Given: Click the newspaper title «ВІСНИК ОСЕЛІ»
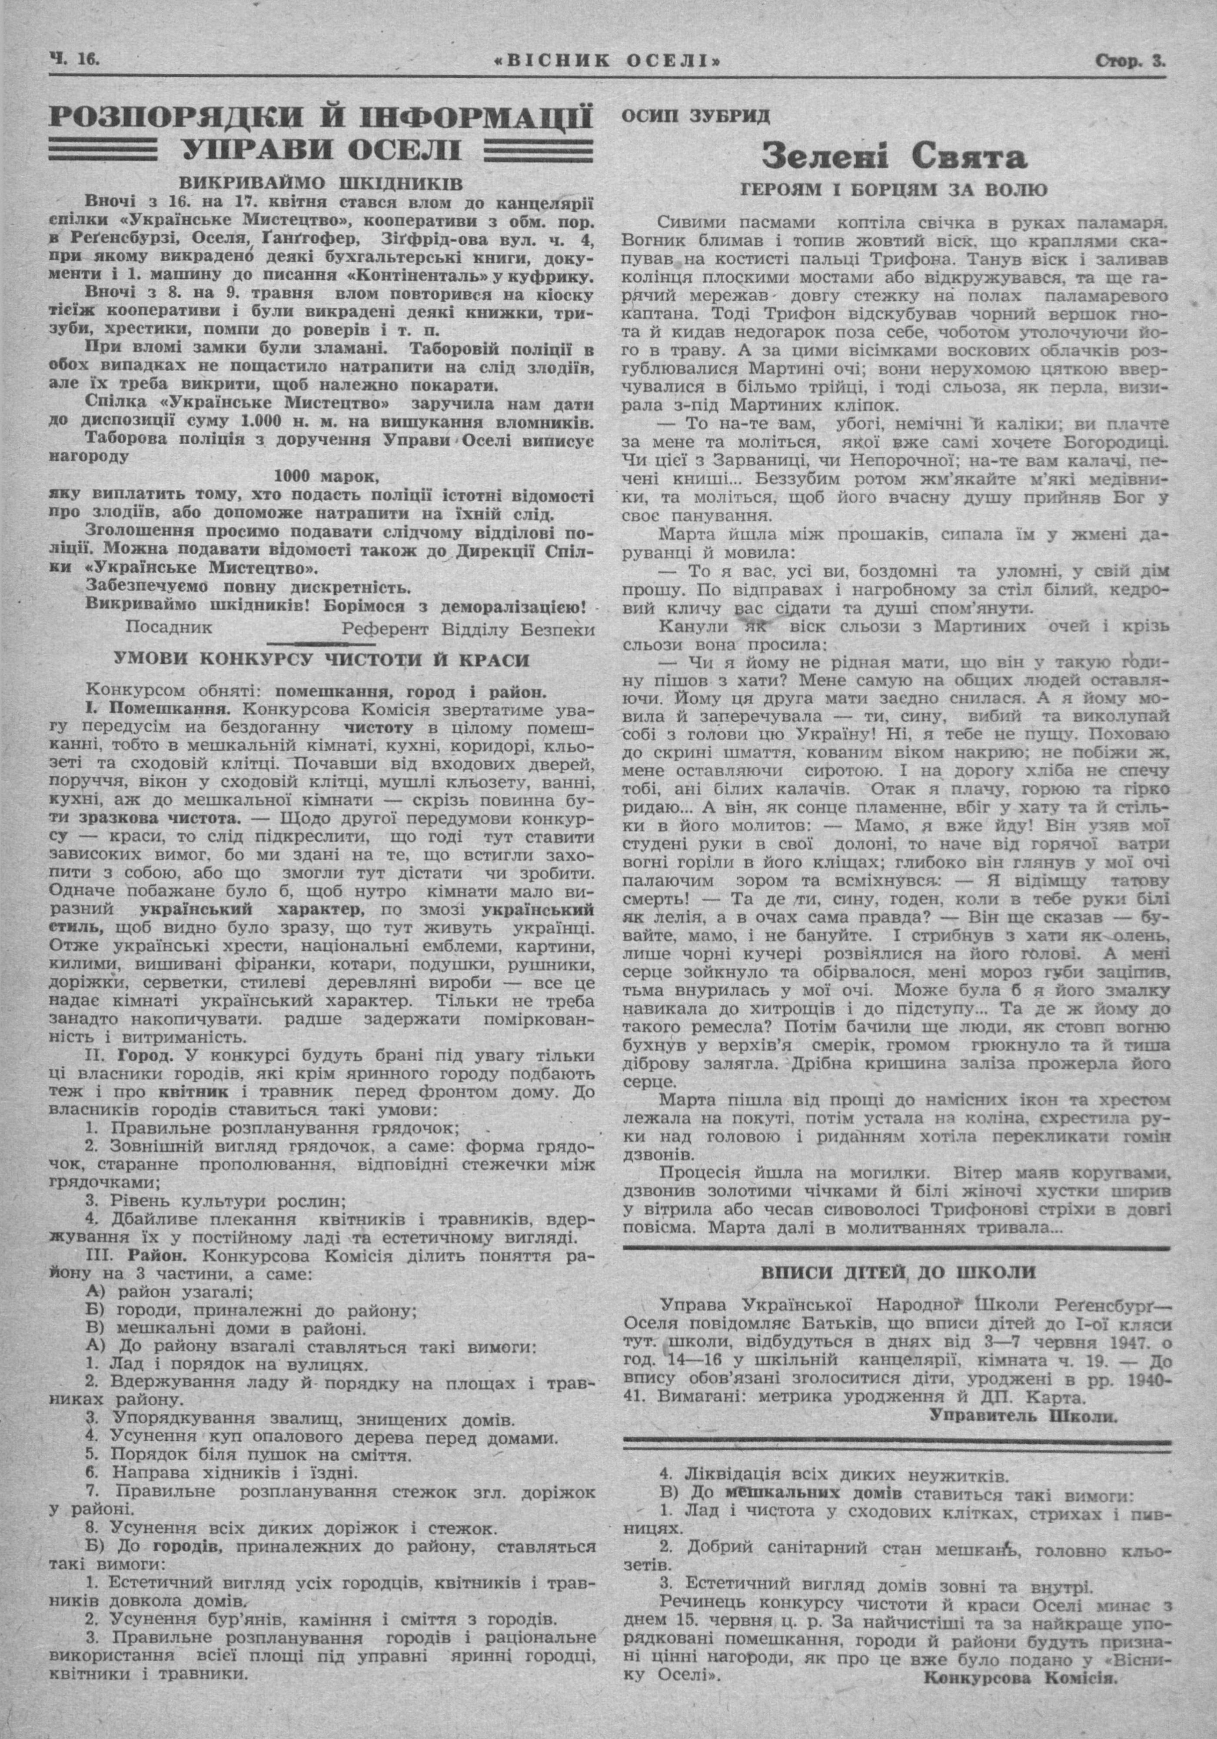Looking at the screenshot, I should [x=610, y=60].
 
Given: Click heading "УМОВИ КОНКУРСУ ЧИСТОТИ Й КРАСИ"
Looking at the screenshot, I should [x=321, y=660].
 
